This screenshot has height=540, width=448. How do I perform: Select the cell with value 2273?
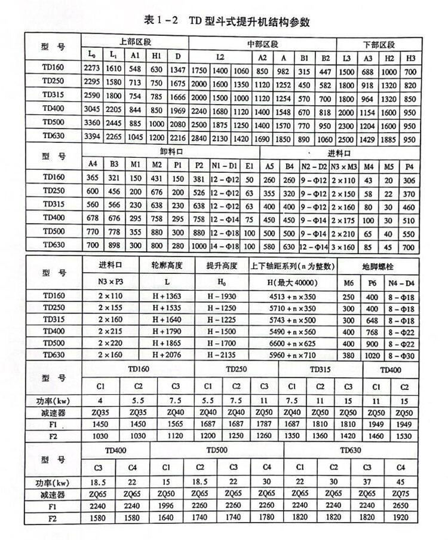tap(93, 70)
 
